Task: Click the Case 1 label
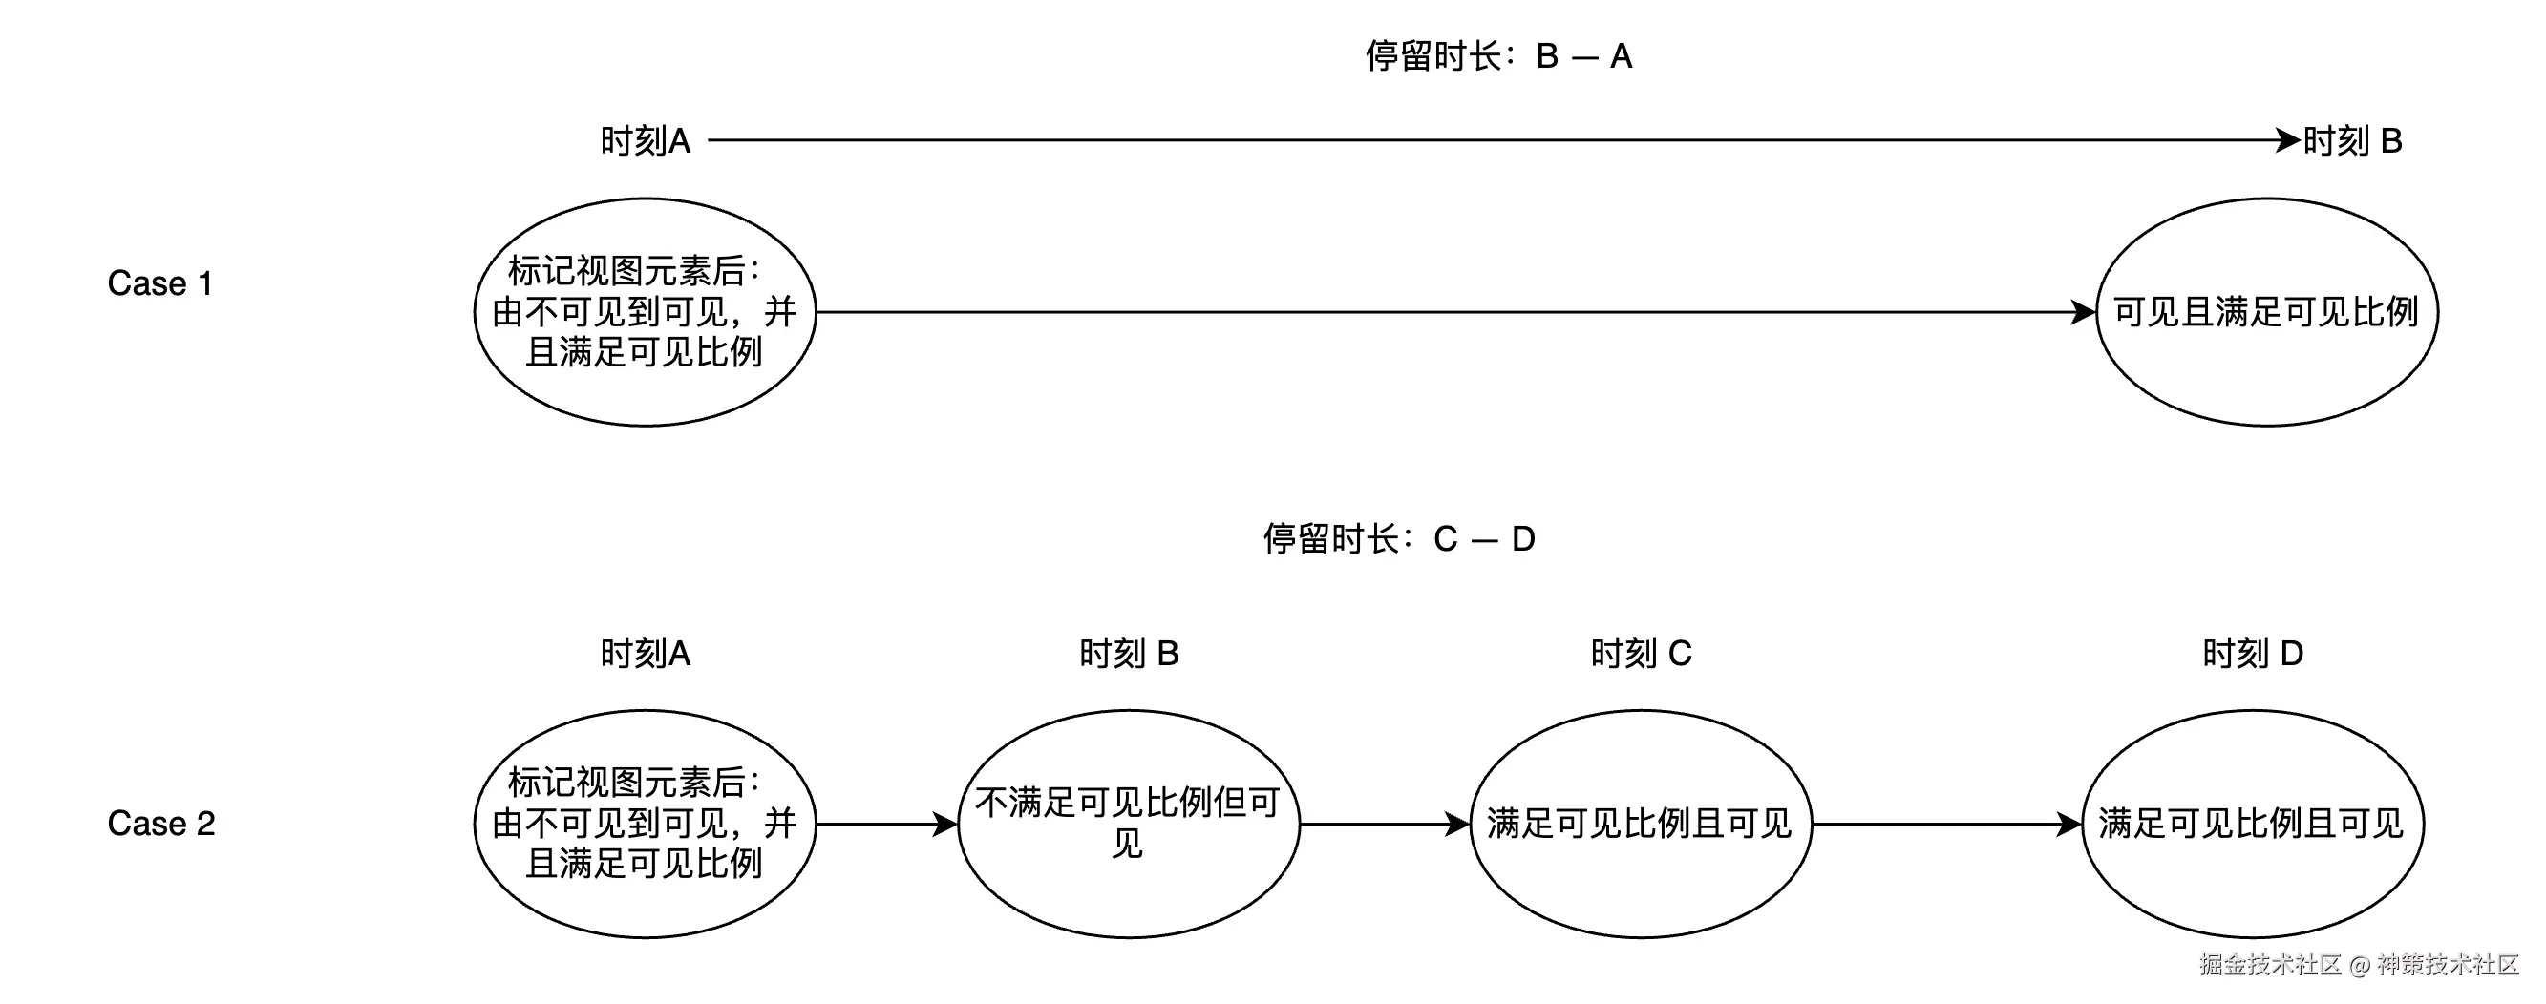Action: [x=160, y=283]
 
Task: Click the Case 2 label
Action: [x=161, y=824]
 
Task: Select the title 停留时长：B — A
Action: [x=1498, y=56]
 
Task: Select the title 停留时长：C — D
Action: [x=1398, y=538]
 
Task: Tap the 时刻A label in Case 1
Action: [x=646, y=141]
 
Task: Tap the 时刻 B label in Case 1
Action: [x=2352, y=141]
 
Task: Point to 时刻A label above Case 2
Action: [x=646, y=653]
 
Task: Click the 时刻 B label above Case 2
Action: [x=1129, y=653]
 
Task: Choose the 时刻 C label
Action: [x=1641, y=653]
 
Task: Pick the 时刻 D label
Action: [x=2253, y=653]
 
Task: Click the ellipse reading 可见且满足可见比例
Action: [x=2266, y=312]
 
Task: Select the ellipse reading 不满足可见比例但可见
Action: [x=1129, y=824]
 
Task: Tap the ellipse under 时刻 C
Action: [x=1641, y=824]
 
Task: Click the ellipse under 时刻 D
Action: [x=2253, y=824]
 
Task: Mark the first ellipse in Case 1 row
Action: [x=646, y=312]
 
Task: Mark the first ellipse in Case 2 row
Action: [x=646, y=824]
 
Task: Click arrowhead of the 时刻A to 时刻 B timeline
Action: [x=2287, y=140]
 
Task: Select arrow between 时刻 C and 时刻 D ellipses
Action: [x=1947, y=824]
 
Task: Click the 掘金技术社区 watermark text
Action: [x=2270, y=965]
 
